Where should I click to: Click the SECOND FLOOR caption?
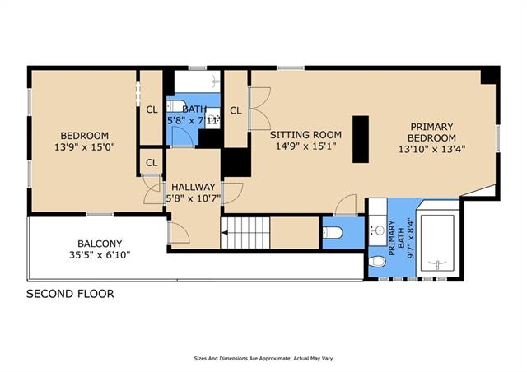tap(70, 294)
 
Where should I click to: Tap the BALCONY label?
tap(100, 244)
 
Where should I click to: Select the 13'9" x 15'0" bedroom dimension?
tap(85, 146)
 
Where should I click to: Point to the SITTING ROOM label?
tap(305, 135)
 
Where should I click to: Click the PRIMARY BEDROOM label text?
tap(431, 132)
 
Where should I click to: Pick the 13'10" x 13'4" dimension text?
tap(431, 149)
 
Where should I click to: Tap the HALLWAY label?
tap(194, 187)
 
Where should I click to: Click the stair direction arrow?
tap(224, 233)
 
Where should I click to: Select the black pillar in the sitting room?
tap(361, 139)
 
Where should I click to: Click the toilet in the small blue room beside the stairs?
tap(333, 233)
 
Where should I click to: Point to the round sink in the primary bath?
tap(379, 230)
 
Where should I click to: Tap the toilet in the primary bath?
tap(377, 261)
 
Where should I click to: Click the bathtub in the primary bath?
tap(437, 243)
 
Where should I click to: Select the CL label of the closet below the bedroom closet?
tap(152, 163)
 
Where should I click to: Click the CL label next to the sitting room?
tap(236, 110)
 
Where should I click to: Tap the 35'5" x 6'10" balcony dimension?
tap(100, 254)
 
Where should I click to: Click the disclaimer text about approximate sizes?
tap(263, 359)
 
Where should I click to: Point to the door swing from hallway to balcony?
tap(180, 233)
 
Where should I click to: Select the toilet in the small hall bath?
tap(176, 106)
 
